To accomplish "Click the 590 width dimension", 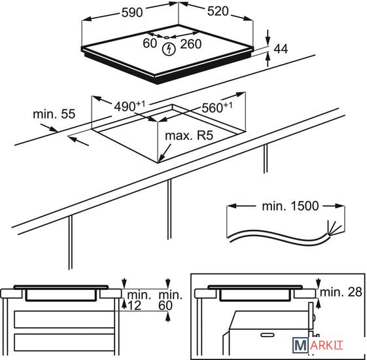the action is coord(132,12).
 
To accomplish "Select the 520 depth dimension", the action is coord(218,11).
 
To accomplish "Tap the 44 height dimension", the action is coord(281,48).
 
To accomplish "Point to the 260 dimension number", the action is coord(191,44).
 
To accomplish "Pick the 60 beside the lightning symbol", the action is coord(150,43).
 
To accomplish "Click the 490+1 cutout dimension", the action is coord(130,106).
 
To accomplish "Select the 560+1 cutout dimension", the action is coord(217,107).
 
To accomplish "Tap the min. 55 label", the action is coord(54,114).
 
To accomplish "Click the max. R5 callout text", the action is coord(189,135).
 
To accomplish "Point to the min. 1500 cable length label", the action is coord(290,206).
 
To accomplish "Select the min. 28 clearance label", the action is coord(341,292).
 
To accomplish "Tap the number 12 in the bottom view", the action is coord(134,306).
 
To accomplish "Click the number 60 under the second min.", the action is coord(166,306).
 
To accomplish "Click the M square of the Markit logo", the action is coord(300,345).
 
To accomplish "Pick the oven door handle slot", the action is coord(268,335).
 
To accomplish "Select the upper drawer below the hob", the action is coord(64,319).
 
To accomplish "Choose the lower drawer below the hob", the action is coord(64,342).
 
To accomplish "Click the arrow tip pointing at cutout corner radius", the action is coord(159,162).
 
